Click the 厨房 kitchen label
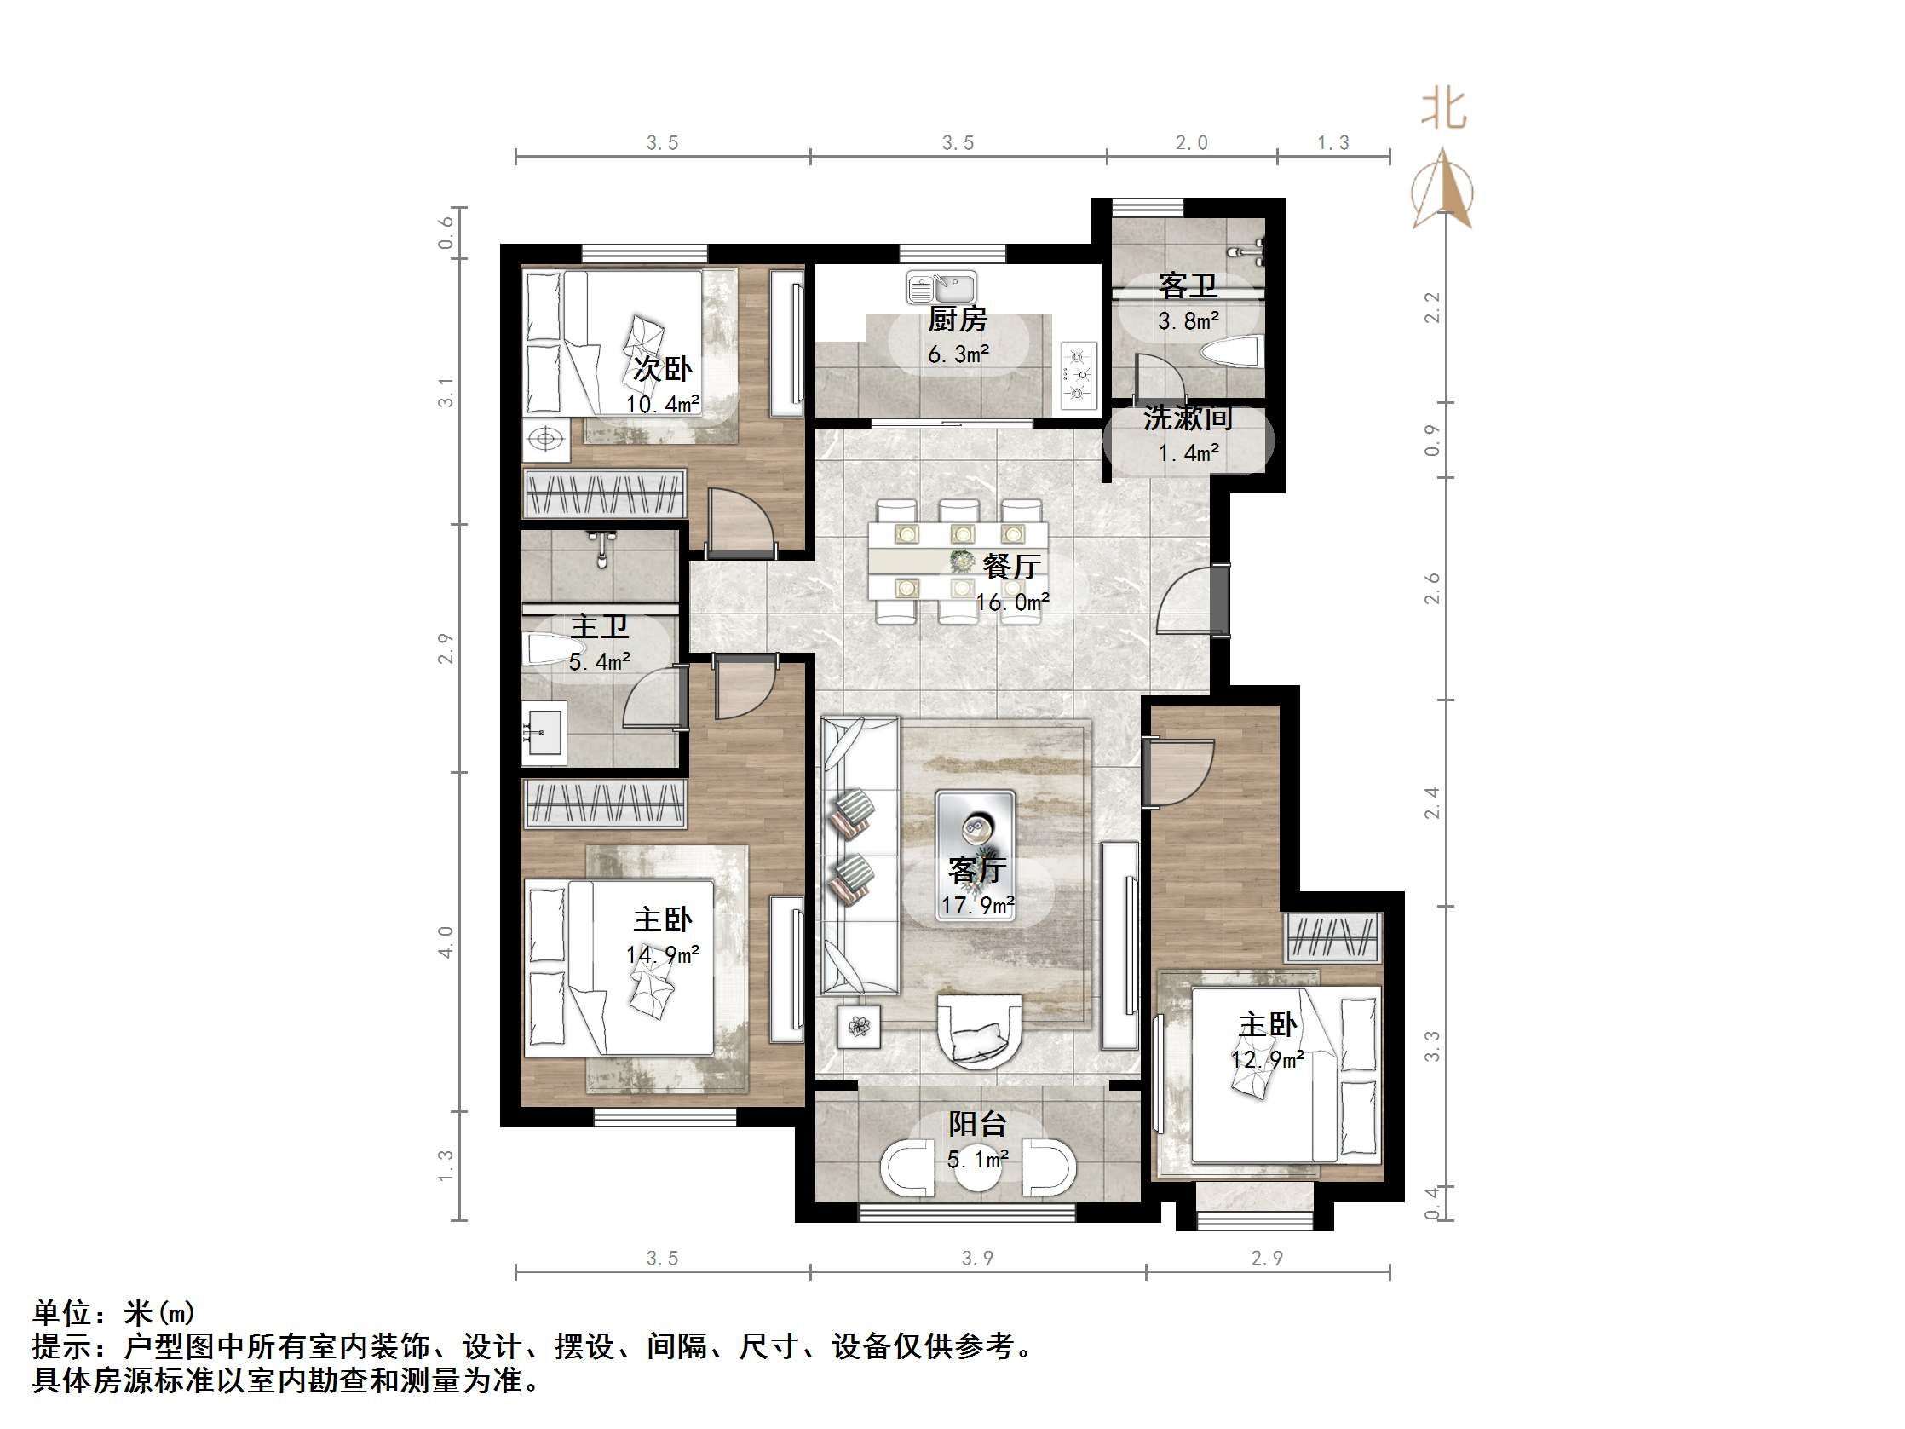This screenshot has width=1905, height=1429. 957,320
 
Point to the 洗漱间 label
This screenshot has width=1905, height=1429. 1188,418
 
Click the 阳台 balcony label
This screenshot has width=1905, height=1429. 976,1123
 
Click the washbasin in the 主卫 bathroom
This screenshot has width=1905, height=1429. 544,733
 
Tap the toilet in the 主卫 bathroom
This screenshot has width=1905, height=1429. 552,648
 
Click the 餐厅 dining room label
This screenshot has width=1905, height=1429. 1011,566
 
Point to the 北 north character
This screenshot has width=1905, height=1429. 1443,110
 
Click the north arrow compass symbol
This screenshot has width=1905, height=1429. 1443,191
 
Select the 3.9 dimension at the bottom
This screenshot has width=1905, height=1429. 976,1259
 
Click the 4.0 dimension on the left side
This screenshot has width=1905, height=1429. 446,942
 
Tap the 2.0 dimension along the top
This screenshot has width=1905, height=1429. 1191,143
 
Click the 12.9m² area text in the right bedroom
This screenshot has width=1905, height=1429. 1267,1058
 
